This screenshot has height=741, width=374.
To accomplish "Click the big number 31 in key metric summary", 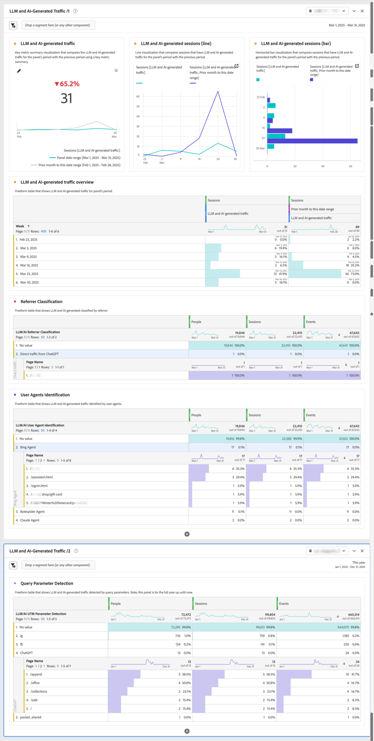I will click(x=67, y=98).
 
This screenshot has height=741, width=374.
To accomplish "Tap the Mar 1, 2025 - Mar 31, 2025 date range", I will click(x=347, y=25).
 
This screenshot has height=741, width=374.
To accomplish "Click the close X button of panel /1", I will click(x=362, y=11).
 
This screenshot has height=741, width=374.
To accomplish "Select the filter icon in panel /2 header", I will click(x=13, y=565).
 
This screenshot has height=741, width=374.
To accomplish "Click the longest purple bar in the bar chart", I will click(x=313, y=141).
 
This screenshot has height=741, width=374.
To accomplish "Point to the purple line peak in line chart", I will click(x=218, y=91).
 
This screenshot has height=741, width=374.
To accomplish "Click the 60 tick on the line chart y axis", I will click(x=138, y=96).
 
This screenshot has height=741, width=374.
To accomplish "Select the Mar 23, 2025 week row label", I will click(x=29, y=274).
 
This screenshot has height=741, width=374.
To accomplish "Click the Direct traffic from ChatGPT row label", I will click(x=39, y=354).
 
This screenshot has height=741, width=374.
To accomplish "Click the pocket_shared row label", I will click(x=31, y=718).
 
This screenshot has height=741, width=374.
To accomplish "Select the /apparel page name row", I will click(x=36, y=675).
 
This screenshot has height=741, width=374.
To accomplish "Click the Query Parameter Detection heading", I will click(x=47, y=583).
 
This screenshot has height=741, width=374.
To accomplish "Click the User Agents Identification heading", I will click(x=45, y=395).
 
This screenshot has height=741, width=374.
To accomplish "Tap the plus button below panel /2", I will click(x=187, y=732).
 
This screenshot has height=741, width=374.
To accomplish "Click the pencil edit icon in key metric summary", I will click(x=19, y=71).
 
